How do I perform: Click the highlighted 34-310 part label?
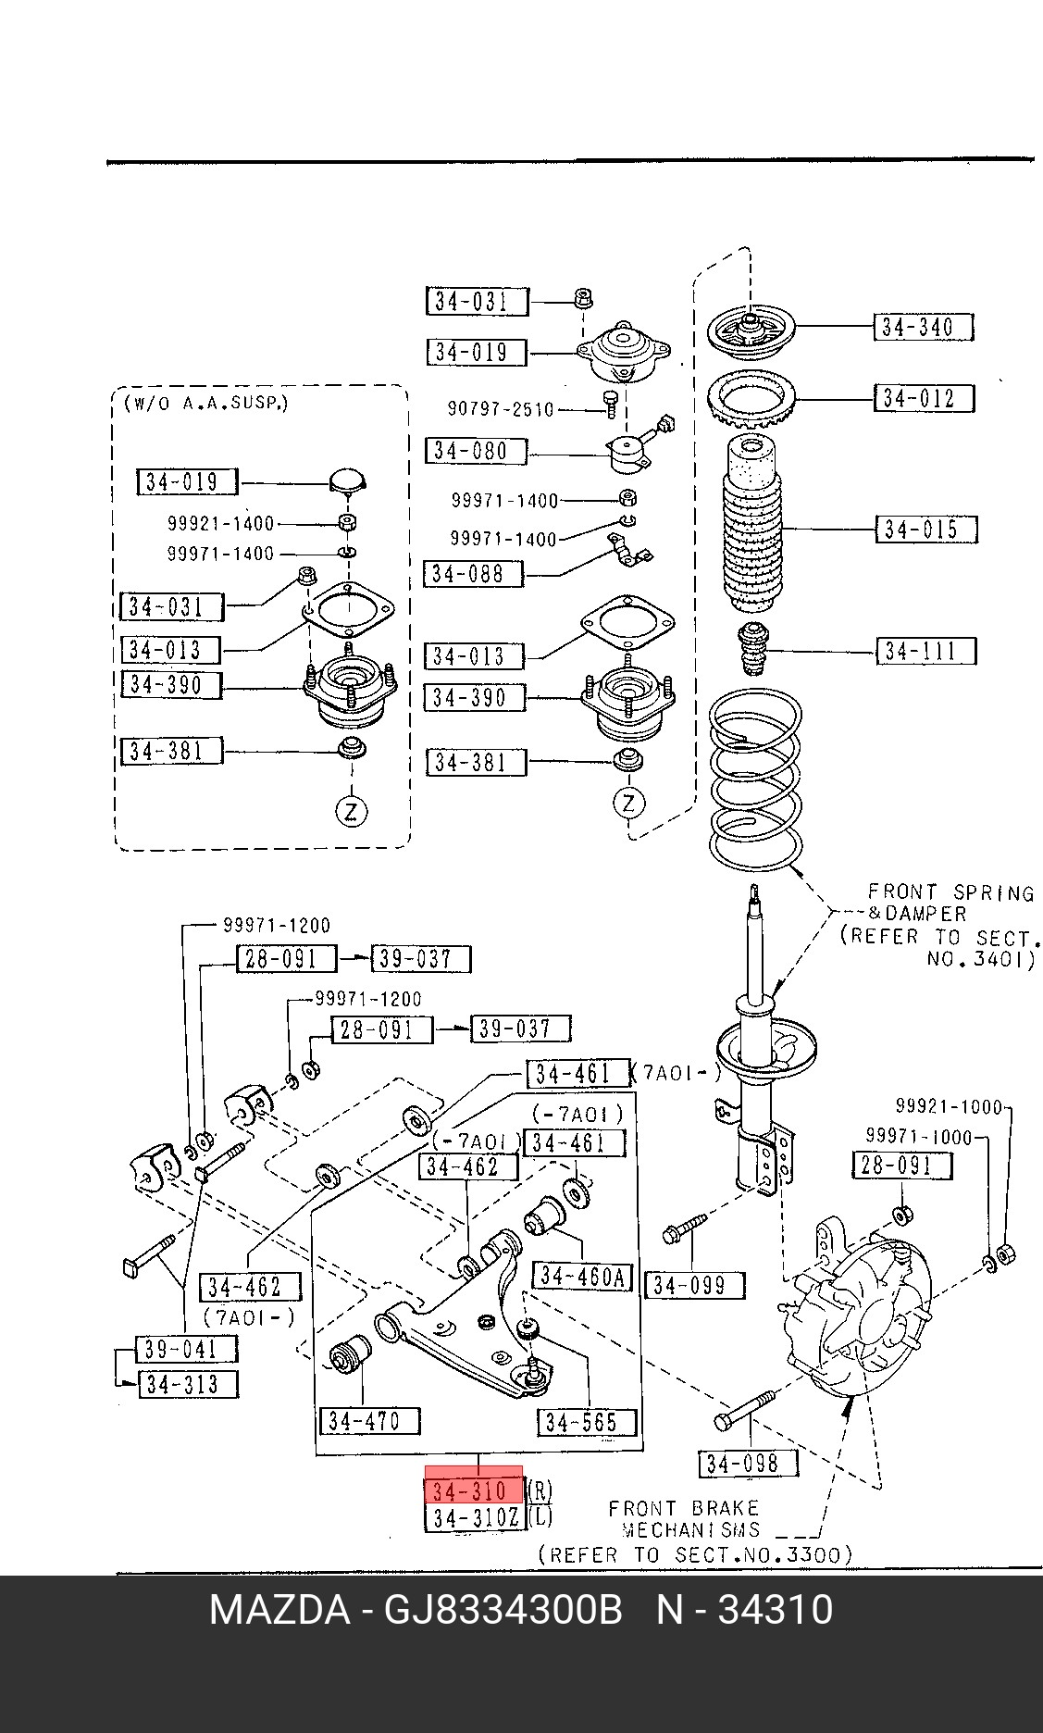pos(474,1490)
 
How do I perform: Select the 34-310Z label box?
pos(475,1518)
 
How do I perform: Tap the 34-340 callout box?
pos(924,327)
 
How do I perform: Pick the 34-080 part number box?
pos(476,451)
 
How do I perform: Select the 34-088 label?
pos(473,574)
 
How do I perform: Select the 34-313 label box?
pos(188,1385)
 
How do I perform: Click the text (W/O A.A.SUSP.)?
pos(205,404)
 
